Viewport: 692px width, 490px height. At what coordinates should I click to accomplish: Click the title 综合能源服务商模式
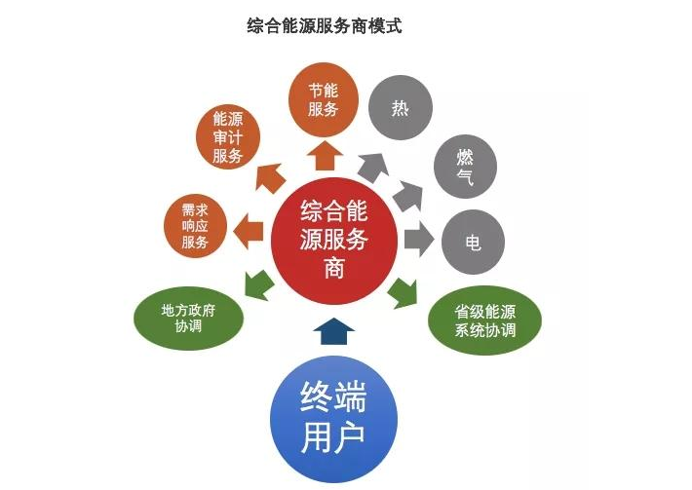pos(324,26)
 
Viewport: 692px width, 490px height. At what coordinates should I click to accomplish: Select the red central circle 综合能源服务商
pos(333,238)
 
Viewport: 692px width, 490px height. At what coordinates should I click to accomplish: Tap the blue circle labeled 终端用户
pos(333,423)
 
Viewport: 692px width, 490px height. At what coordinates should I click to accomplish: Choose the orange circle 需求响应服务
pos(195,225)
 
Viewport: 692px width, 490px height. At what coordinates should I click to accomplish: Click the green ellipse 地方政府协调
pos(188,318)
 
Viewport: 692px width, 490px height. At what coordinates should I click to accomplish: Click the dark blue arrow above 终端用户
pos(333,331)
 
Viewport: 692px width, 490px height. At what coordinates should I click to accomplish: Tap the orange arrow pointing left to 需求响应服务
pos(250,231)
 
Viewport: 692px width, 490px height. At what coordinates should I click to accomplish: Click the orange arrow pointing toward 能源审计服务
pos(268,179)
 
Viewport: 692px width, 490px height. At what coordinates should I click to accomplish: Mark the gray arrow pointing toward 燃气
pos(407,194)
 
